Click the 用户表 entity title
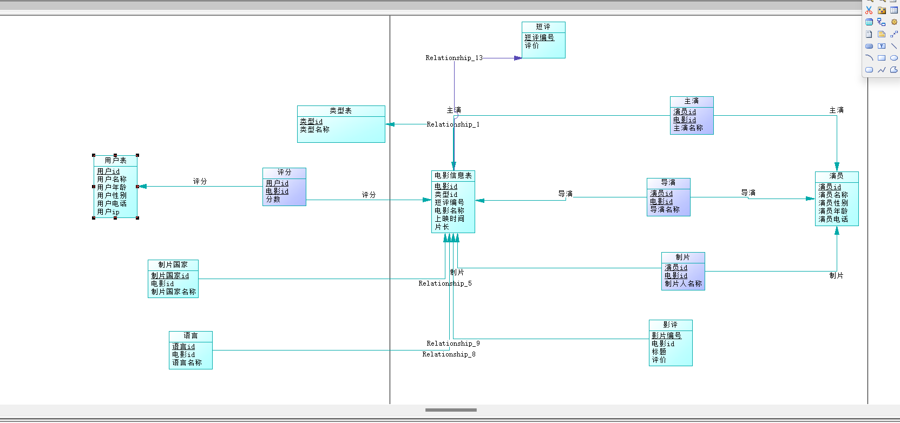tap(115, 161)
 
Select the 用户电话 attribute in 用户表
tap(111, 204)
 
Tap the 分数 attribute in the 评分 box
tap(273, 200)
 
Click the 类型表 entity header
tap(341, 111)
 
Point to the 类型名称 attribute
tap(315, 130)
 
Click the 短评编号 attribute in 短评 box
tap(539, 38)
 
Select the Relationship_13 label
tap(454, 58)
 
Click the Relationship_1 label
tap(453, 124)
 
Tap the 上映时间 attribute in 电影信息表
tap(449, 219)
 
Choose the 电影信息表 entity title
tap(453, 176)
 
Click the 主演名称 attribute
tap(688, 128)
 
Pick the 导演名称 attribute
tap(665, 210)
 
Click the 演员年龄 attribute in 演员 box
tap(833, 212)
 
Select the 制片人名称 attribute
tap(683, 284)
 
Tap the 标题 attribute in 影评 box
tap(659, 352)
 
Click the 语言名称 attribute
tap(187, 363)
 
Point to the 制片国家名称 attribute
tap(173, 292)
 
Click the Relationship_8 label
tap(449, 355)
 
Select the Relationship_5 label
tap(445, 284)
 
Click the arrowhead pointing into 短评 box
tap(518, 58)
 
